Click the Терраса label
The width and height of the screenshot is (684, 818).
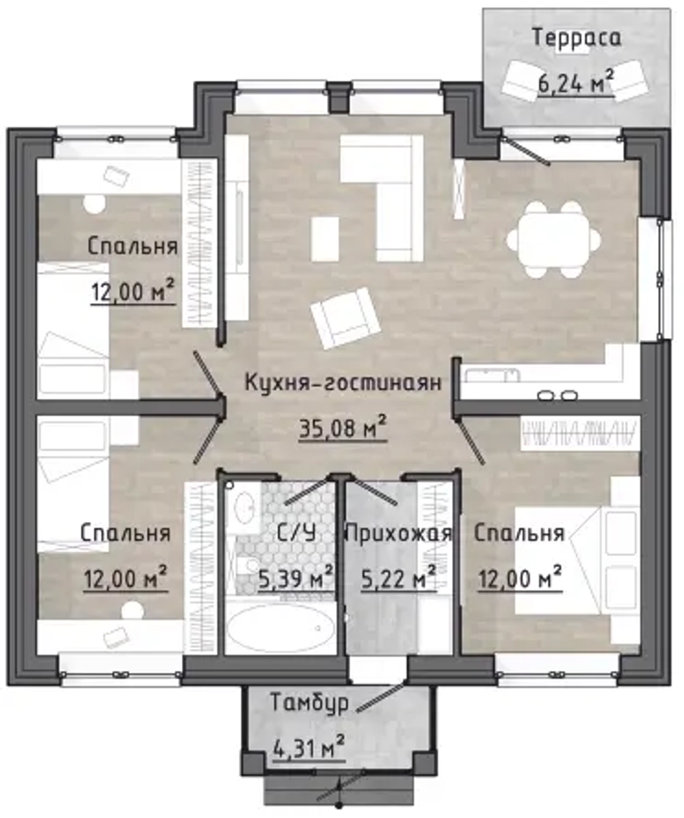pos(577,39)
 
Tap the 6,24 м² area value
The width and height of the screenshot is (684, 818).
pos(575,82)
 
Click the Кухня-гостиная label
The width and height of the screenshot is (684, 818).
pos(343,382)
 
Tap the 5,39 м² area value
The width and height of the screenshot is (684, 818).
pos(295,577)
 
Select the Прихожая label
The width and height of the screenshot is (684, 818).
pos(399,533)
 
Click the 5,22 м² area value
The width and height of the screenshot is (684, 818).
pos(399,577)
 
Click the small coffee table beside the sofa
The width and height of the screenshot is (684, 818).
pos(325,239)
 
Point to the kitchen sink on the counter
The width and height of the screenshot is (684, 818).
pos(492,375)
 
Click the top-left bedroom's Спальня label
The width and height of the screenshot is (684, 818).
pos(133,246)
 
